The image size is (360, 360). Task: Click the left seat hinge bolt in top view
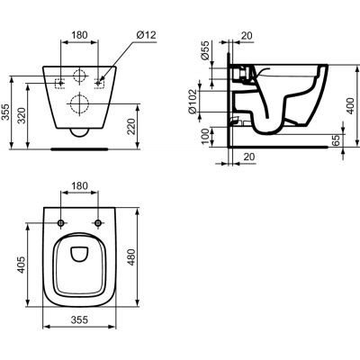coord(60,222)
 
